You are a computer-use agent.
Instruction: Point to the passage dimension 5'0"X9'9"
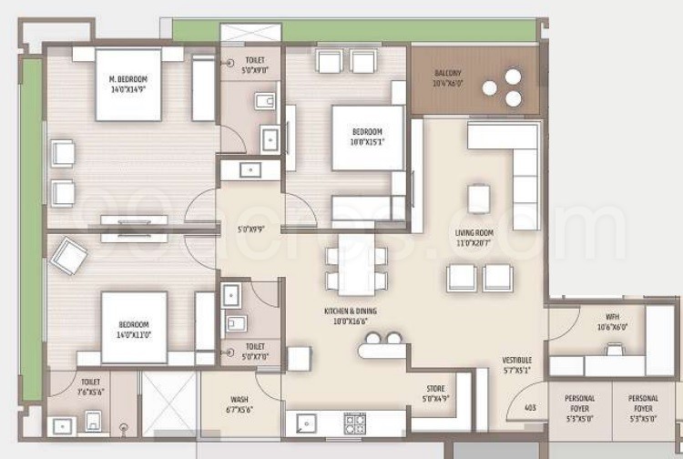250,229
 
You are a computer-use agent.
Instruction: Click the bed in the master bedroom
128,84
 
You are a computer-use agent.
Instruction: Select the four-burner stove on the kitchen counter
354,423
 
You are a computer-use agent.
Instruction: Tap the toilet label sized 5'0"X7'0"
255,352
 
